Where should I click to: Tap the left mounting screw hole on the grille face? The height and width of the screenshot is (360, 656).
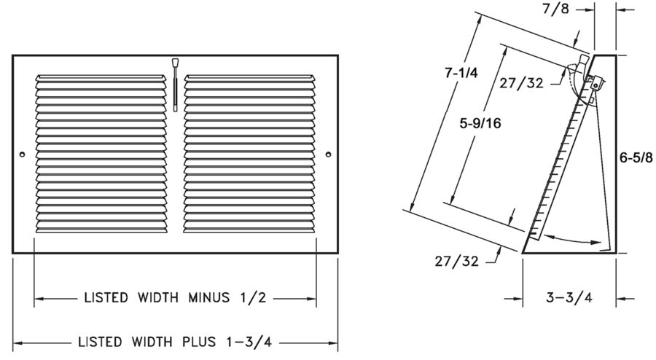(x=23, y=154)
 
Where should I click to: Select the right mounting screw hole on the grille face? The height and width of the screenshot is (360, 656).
(x=328, y=154)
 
